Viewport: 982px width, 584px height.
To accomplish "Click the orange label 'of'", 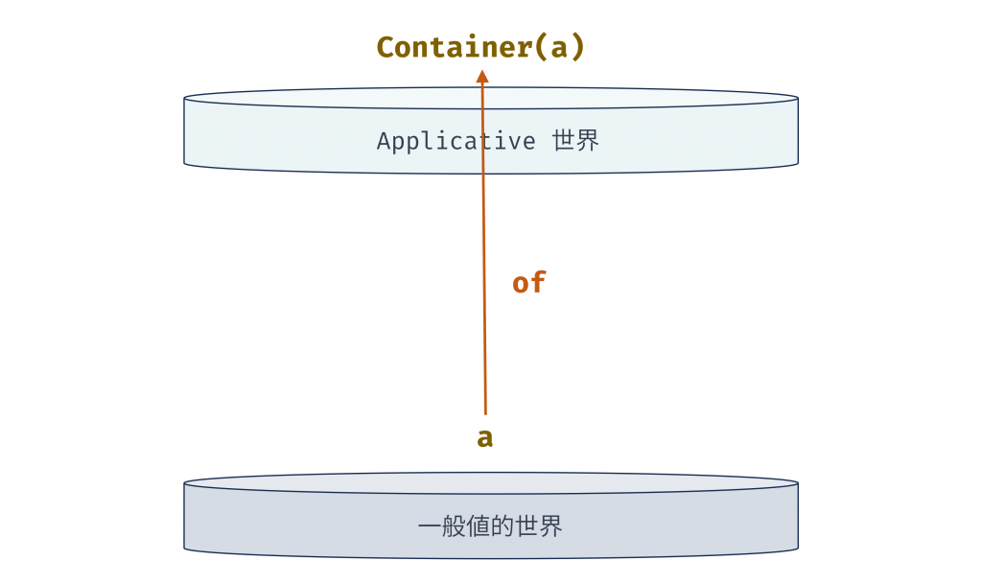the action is pyautogui.click(x=528, y=283).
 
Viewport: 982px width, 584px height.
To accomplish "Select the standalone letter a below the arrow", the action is pyautogui.click(x=485, y=438).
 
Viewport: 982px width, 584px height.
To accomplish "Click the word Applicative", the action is pyautogui.click(x=456, y=141).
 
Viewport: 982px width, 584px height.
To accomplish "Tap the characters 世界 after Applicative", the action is pyautogui.click(x=575, y=141).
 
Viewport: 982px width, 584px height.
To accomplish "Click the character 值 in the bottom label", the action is pyautogui.click(x=479, y=526).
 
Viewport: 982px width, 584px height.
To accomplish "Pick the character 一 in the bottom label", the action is pyautogui.click(x=430, y=526).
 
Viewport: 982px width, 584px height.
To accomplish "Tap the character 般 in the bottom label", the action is pyautogui.click(x=454, y=526).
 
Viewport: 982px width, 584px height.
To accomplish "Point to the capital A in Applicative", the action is pyautogui.click(x=384, y=141).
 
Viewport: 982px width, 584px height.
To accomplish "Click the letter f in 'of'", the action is pyautogui.click(x=538, y=283).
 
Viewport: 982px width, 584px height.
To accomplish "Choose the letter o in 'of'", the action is pyautogui.click(x=521, y=284).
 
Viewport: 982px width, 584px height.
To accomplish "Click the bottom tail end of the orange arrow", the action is pyautogui.click(x=485, y=412).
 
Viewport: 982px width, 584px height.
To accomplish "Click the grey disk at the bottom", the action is pyautogui.click(x=288, y=523).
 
